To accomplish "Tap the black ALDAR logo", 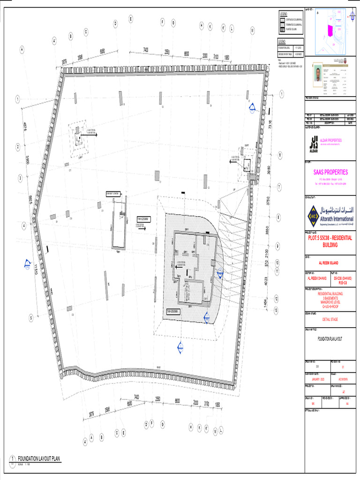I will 313,144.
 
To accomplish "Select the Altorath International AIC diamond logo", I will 313,216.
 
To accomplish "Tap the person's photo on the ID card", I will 318,74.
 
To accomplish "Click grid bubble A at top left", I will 22,48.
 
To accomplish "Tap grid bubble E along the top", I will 130,19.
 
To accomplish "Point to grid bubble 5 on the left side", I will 30,318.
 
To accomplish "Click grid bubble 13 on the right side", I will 277,310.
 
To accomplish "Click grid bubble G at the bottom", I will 162,424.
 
